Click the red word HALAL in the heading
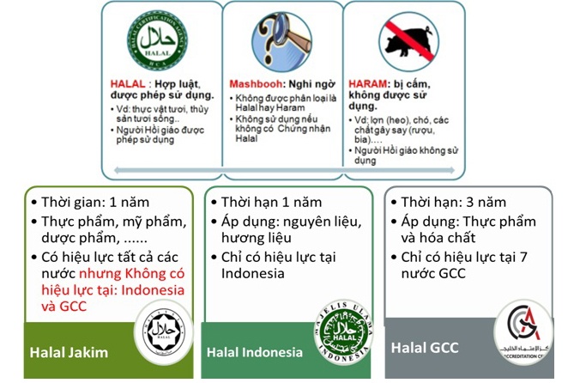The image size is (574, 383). pos(129,84)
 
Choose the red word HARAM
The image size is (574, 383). pos(366,84)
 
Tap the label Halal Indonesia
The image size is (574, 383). pos(255,352)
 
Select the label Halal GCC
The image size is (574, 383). pos(423,348)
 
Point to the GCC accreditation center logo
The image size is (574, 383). pos(524,332)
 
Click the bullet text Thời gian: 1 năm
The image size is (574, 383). pos(94,204)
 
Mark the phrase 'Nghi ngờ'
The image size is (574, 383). pos(311,84)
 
